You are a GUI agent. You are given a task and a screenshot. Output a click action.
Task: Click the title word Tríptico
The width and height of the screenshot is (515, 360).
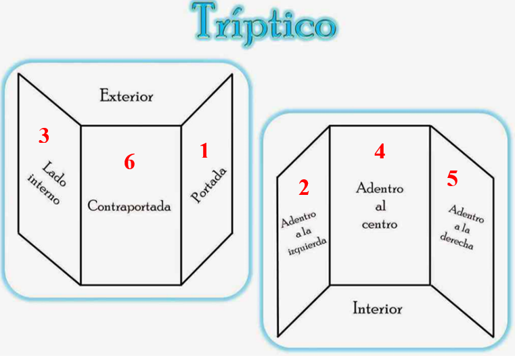click(x=264, y=24)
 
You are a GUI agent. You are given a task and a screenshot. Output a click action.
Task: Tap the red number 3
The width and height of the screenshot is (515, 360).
click(x=44, y=135)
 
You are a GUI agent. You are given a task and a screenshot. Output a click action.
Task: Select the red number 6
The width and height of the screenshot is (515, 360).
click(x=129, y=162)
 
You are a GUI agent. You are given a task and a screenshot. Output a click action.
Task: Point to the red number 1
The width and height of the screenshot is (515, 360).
click(x=204, y=151)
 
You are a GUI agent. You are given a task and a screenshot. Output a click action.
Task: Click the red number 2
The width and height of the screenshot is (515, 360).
click(x=304, y=187)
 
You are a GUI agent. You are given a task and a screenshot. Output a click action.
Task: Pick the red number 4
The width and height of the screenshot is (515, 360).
click(x=380, y=152)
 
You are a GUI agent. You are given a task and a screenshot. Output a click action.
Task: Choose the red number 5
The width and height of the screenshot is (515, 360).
click(x=452, y=179)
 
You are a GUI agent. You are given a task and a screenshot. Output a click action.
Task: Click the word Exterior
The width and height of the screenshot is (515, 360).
click(x=127, y=96)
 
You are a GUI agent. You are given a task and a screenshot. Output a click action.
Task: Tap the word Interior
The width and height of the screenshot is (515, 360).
click(x=378, y=309)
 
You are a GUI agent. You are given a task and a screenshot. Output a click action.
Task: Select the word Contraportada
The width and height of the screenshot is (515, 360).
click(x=129, y=206)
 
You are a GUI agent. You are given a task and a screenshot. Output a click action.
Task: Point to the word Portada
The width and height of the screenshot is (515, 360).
click(x=209, y=185)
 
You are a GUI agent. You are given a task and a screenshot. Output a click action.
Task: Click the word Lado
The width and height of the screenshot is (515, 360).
click(x=55, y=174)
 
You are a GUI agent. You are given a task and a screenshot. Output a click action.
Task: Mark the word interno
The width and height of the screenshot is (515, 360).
click(x=45, y=189)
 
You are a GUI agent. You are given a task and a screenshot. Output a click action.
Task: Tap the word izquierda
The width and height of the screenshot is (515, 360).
click(x=307, y=246)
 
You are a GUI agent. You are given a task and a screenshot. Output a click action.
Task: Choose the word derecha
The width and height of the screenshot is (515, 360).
click(x=457, y=242)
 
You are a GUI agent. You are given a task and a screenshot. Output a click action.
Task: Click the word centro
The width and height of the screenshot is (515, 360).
click(x=380, y=225)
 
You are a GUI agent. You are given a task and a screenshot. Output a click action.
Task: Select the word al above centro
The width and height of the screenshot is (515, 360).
click(x=380, y=206)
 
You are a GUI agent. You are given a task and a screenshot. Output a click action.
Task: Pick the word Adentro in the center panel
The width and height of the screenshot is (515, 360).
click(x=380, y=188)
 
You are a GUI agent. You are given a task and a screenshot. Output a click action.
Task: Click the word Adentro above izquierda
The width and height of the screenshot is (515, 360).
click(x=298, y=219)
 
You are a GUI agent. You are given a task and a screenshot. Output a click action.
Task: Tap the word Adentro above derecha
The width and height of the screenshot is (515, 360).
click(x=466, y=214)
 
